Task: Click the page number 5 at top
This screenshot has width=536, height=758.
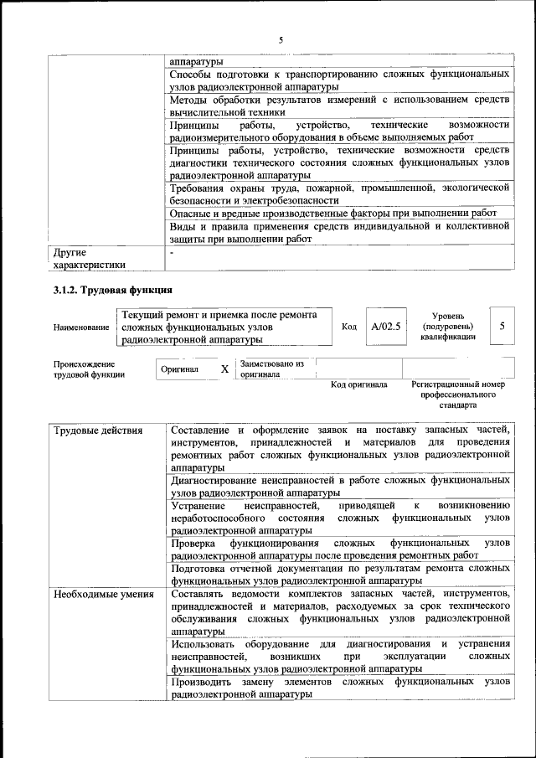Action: [281, 39]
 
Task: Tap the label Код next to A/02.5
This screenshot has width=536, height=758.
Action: [350, 327]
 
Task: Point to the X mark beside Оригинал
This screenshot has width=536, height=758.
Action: [224, 369]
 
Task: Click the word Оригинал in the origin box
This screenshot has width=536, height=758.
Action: [179, 369]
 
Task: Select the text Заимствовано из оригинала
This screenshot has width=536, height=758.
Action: [271, 369]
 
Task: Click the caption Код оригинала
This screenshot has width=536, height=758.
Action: [358, 384]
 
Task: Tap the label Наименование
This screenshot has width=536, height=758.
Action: [81, 327]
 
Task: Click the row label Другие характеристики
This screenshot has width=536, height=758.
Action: [89, 257]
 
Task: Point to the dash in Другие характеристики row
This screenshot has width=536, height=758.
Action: [172, 251]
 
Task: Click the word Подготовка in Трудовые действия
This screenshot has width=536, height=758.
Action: [200, 568]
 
